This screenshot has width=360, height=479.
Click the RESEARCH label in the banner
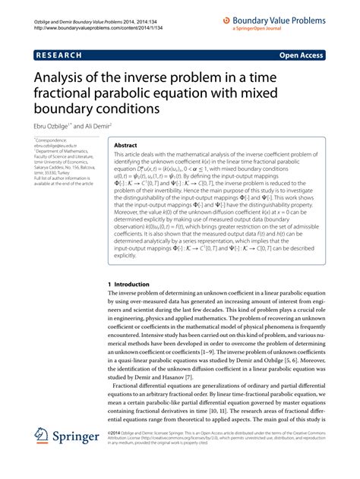(56, 55)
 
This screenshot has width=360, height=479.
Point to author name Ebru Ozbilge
(55, 127)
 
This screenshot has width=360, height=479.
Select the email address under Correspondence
(55, 146)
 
